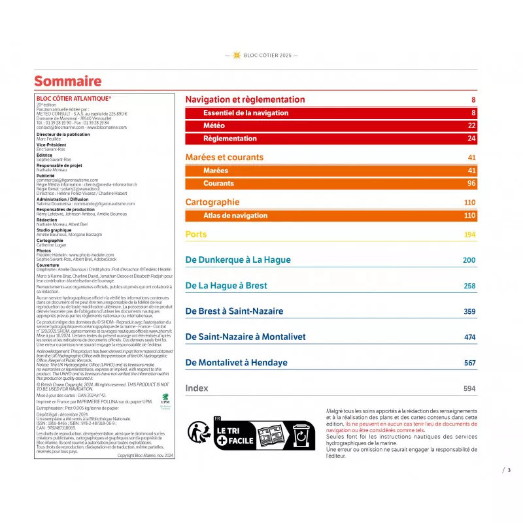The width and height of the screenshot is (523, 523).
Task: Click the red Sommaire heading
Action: (68, 81)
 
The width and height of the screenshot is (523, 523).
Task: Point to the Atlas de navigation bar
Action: (226, 216)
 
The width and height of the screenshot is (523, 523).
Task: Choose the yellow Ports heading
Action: (195, 234)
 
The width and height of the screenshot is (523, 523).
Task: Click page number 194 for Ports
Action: (469, 235)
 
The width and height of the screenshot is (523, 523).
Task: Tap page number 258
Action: (469, 286)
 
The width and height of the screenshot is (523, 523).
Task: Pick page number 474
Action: (469, 337)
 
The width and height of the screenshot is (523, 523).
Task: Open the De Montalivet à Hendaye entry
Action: (236, 362)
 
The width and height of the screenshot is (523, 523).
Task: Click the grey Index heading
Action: (197, 388)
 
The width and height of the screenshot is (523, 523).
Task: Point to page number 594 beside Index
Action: (469, 388)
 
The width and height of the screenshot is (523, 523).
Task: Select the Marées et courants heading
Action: (224, 158)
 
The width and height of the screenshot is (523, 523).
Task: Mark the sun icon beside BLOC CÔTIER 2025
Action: (237, 56)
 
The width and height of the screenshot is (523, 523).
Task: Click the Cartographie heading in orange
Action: (212, 202)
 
